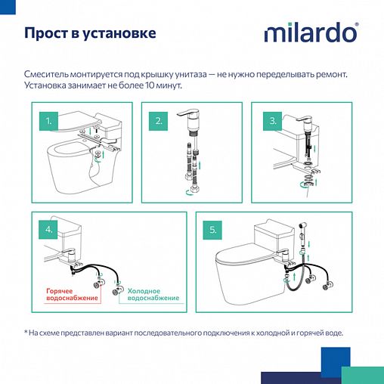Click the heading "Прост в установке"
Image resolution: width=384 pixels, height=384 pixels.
point(91,34)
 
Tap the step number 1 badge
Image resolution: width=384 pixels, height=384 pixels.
point(49,121)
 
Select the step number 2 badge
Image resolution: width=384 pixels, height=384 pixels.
point(159,121)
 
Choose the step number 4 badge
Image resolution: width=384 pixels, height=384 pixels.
point(49,229)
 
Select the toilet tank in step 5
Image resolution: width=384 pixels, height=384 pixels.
point(271,231)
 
